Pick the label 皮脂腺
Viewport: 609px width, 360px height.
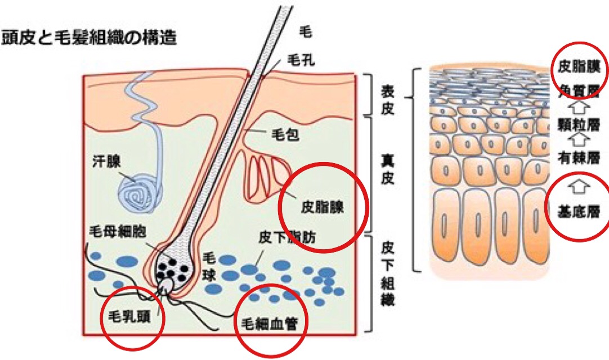point(322,208)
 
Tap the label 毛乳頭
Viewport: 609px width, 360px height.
point(131,315)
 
